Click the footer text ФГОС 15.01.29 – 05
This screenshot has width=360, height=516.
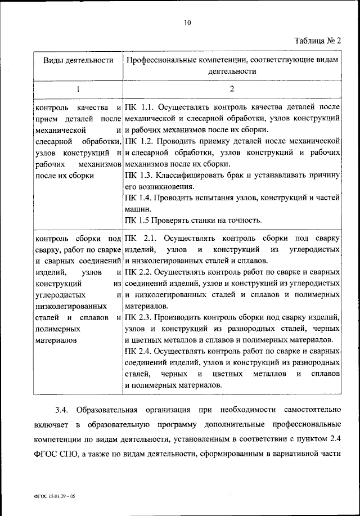pyautogui.click(x=49, y=497)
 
